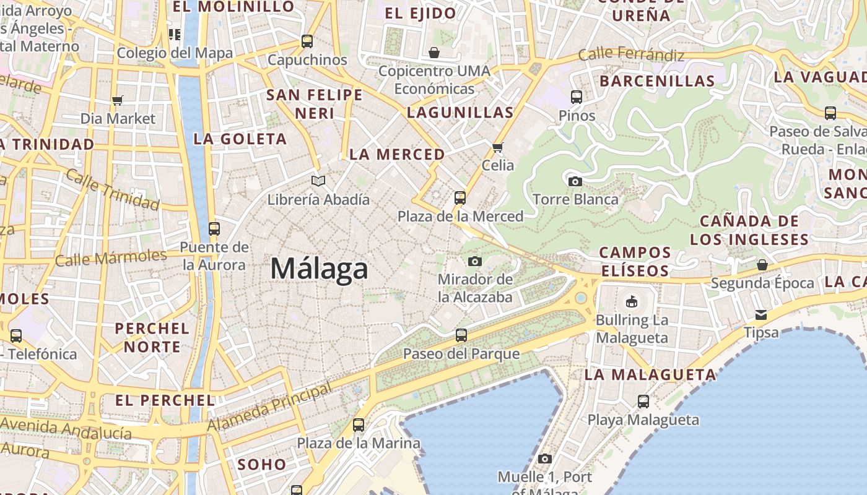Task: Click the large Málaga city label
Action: (320, 269)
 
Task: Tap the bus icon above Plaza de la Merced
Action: (460, 198)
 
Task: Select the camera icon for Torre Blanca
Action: (575, 181)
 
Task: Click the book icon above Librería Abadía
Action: (318, 181)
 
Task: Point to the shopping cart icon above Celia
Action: (497, 147)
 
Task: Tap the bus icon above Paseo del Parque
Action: (461, 335)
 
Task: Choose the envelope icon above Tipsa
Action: (761, 315)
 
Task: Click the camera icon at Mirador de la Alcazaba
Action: (475, 261)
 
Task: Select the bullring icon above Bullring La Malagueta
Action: (631, 302)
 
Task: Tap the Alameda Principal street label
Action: (269, 408)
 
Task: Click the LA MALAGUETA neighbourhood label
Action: (650, 374)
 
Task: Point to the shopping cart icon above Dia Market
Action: (117, 100)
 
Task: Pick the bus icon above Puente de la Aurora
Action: (214, 229)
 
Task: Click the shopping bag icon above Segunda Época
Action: (762, 265)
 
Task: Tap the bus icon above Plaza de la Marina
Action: (358, 425)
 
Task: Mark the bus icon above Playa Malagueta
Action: (643, 402)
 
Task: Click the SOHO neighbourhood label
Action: (262, 464)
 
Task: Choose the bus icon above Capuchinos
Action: (307, 41)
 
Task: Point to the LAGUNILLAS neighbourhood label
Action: (460, 113)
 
